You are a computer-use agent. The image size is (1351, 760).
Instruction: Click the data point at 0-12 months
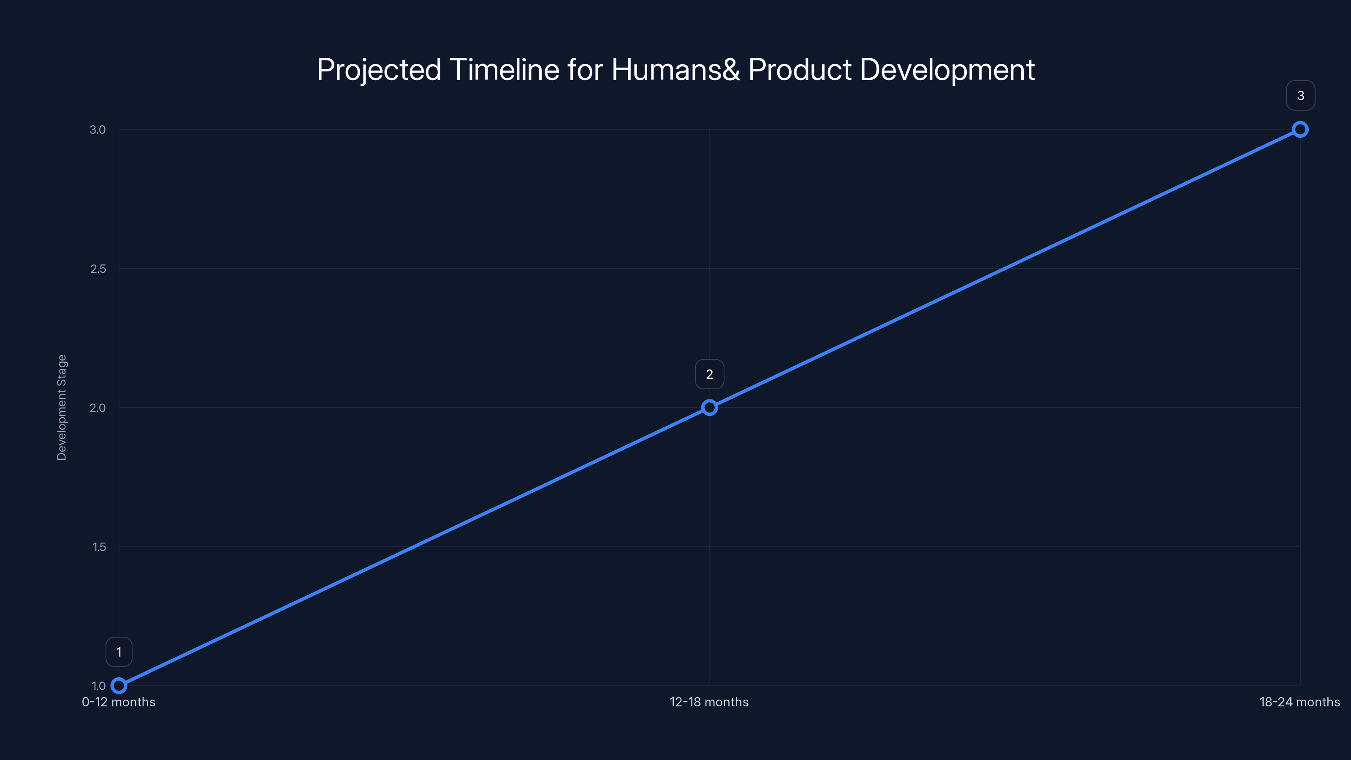[x=119, y=686]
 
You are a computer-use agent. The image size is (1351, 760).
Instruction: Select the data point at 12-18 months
[x=709, y=407]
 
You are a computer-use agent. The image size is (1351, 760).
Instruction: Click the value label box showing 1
[x=119, y=652]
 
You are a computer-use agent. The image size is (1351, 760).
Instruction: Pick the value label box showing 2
[x=709, y=374]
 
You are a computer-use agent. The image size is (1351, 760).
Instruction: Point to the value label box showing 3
[x=1300, y=95]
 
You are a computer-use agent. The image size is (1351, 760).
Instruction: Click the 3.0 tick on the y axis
[x=98, y=130]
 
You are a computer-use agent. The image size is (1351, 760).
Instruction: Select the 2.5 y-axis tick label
[x=98, y=269]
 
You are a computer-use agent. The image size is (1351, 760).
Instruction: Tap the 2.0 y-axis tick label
[x=98, y=407]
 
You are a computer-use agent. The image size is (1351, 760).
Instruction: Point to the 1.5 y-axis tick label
[x=99, y=546]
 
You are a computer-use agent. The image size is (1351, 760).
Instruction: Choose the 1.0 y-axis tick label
[x=99, y=686]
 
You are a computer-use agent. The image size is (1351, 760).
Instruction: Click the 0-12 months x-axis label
[x=119, y=702]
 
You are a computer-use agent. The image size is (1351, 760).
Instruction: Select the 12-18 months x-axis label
[x=709, y=702]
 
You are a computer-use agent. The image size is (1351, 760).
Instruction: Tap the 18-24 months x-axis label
[x=1299, y=702]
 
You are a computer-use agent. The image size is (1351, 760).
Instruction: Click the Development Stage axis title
[x=62, y=407]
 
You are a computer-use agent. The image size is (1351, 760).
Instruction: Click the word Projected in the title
[x=379, y=70]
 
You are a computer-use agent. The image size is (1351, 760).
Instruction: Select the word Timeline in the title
[x=504, y=69]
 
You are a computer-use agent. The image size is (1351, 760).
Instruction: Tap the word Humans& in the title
[x=675, y=69]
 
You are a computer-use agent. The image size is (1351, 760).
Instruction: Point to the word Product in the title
[x=800, y=69]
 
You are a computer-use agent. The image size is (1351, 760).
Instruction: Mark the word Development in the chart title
[x=947, y=70]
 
